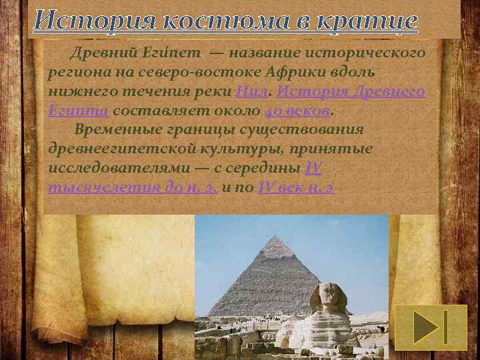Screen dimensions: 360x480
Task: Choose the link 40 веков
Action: click(x=297, y=110)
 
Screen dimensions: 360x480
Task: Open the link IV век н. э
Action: click(x=296, y=187)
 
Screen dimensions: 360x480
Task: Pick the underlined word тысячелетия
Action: click(x=94, y=187)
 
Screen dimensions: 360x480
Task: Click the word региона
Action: click(x=75, y=72)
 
